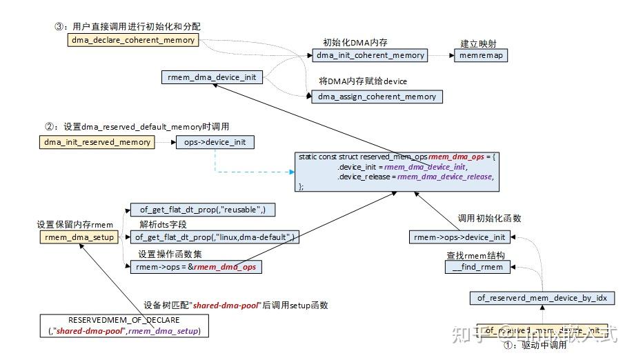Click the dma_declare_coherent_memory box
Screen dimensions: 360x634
coord(133,40)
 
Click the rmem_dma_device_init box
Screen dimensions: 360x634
coord(211,77)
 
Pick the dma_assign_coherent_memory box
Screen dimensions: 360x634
coord(377,97)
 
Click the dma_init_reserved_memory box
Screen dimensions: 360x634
coord(97,142)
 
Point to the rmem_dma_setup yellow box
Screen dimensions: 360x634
coord(78,237)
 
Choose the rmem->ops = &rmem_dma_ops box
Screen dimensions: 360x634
coord(197,266)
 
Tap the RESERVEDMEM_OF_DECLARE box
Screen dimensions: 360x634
coord(124,326)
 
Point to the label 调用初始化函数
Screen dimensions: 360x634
coord(490,218)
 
